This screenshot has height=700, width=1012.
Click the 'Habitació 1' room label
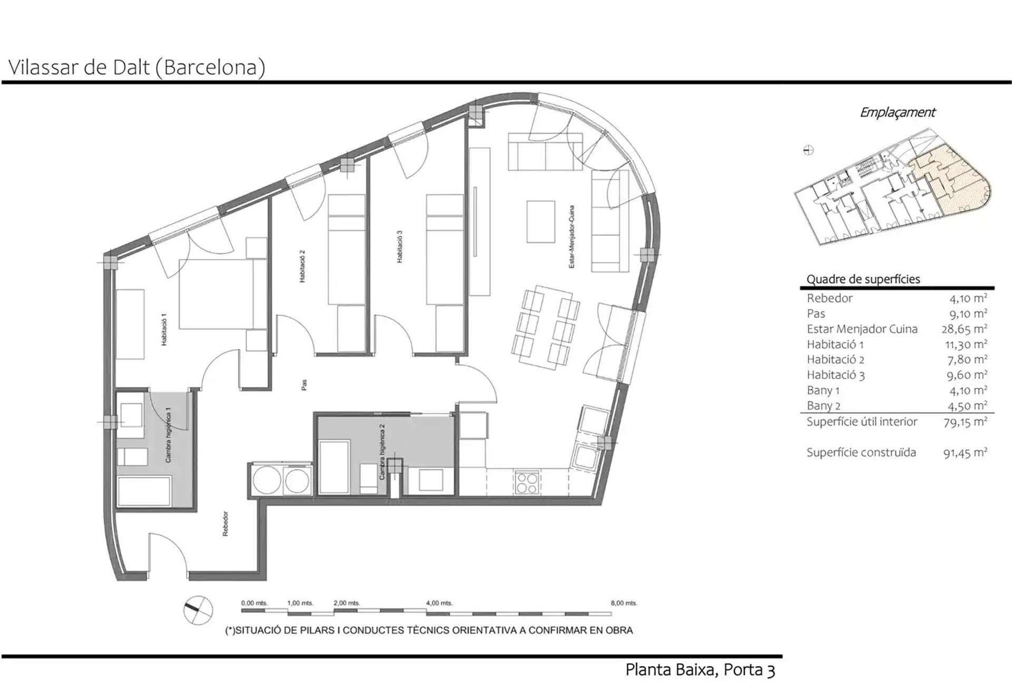pos(164,329)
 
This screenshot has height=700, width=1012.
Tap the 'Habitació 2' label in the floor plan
pos(302,266)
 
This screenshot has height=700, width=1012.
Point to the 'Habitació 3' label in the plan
pos(400,247)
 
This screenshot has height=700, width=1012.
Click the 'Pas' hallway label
pos(304,385)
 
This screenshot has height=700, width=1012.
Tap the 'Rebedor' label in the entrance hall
pos(226,523)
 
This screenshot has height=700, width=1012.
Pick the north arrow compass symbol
pos(198,610)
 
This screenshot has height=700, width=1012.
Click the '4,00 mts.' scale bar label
pos(439,603)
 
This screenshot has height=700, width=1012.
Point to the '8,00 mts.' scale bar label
pos(624,603)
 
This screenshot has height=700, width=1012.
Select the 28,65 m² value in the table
pos(965,329)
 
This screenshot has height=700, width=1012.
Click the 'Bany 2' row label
pos(823,406)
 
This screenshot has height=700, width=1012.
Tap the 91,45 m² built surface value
pos(966,452)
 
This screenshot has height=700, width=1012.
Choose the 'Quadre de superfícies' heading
pos(863,279)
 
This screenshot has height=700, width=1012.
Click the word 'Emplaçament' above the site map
pos(898,112)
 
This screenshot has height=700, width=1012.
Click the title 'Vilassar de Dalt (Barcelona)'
pos(137,67)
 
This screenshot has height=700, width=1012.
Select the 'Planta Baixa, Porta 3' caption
pos(700,670)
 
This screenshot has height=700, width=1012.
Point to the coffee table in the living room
pos(541,221)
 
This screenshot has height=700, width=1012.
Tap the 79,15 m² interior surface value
pos(966,422)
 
